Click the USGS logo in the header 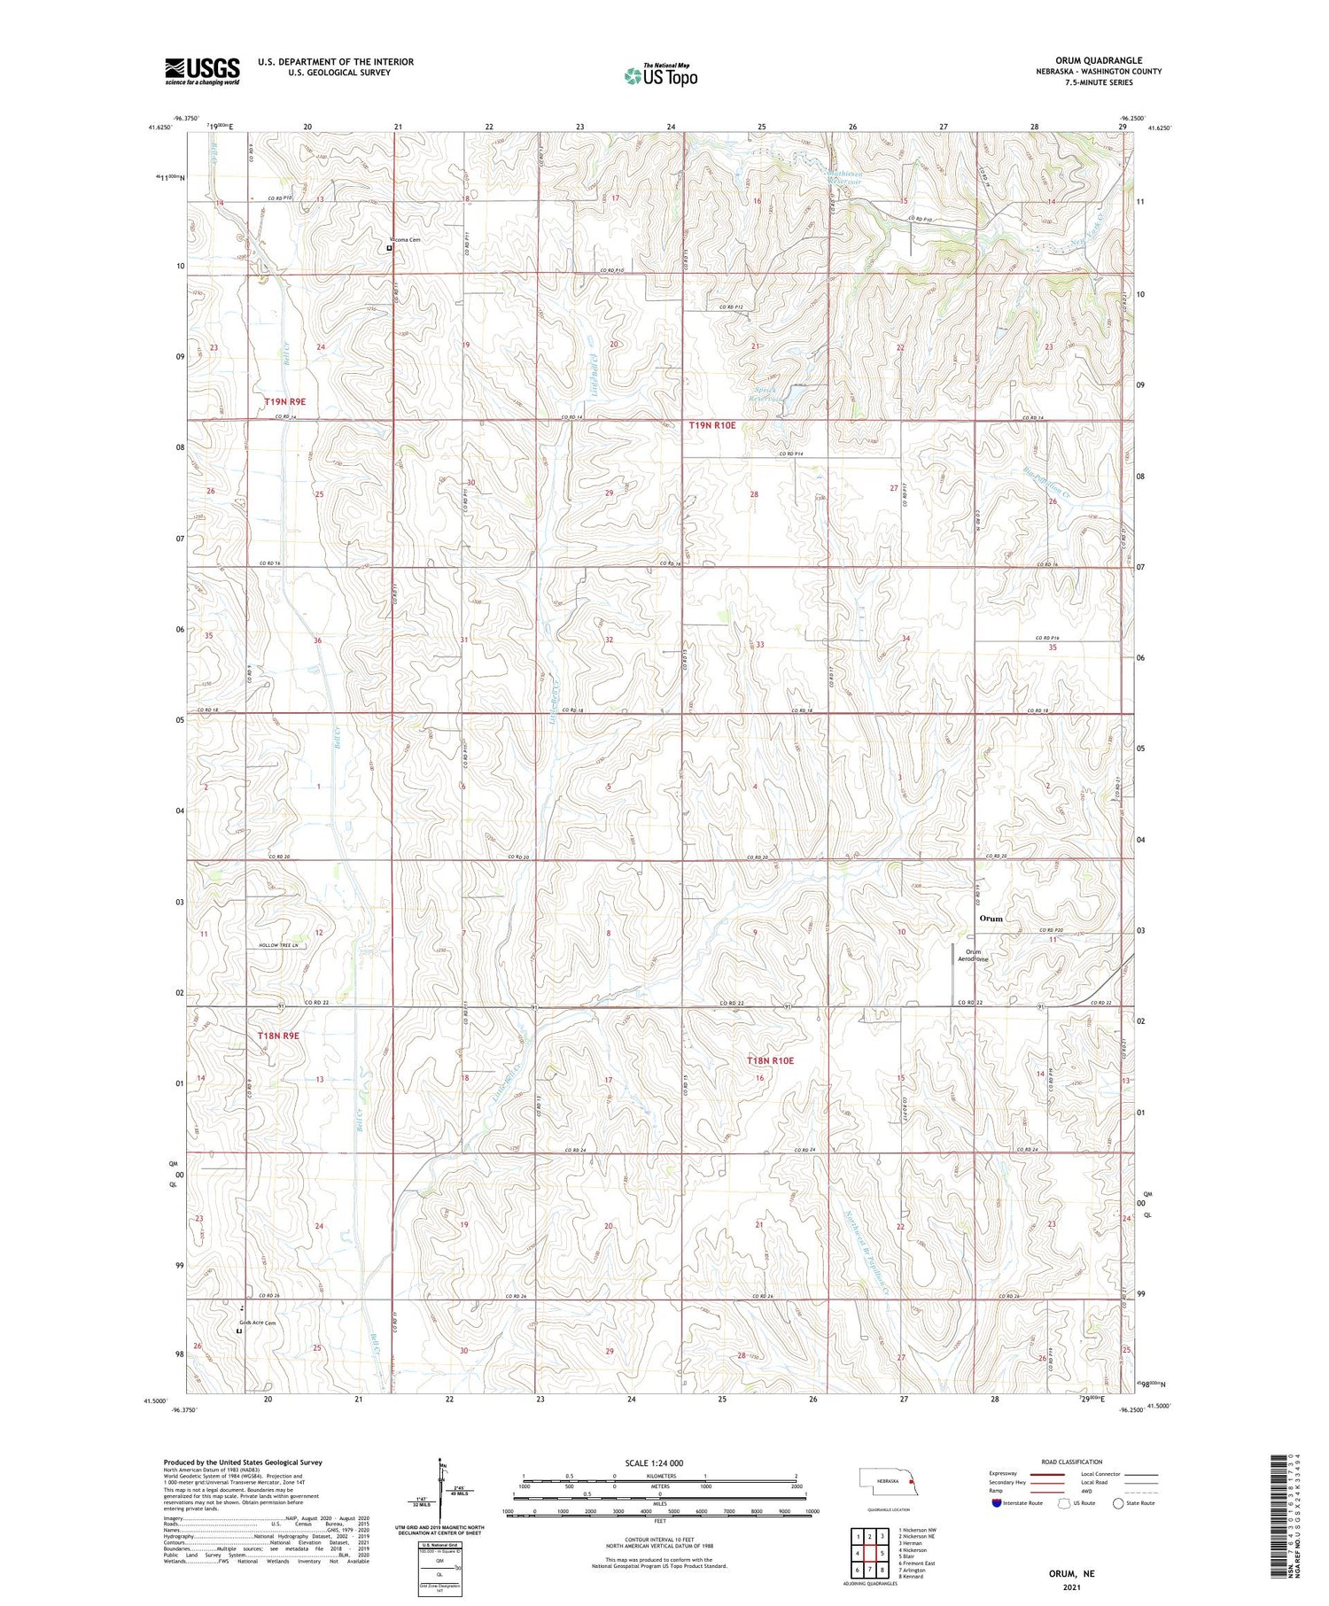202,71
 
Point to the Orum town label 991,919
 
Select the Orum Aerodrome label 970,955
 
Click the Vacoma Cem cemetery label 404,240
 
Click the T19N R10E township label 712,425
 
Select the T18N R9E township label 278,1036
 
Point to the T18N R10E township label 770,1060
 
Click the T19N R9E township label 284,401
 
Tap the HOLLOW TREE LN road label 281,946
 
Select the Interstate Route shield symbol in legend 997,1503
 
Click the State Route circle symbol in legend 1119,1503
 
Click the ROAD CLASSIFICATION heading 1072,1462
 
